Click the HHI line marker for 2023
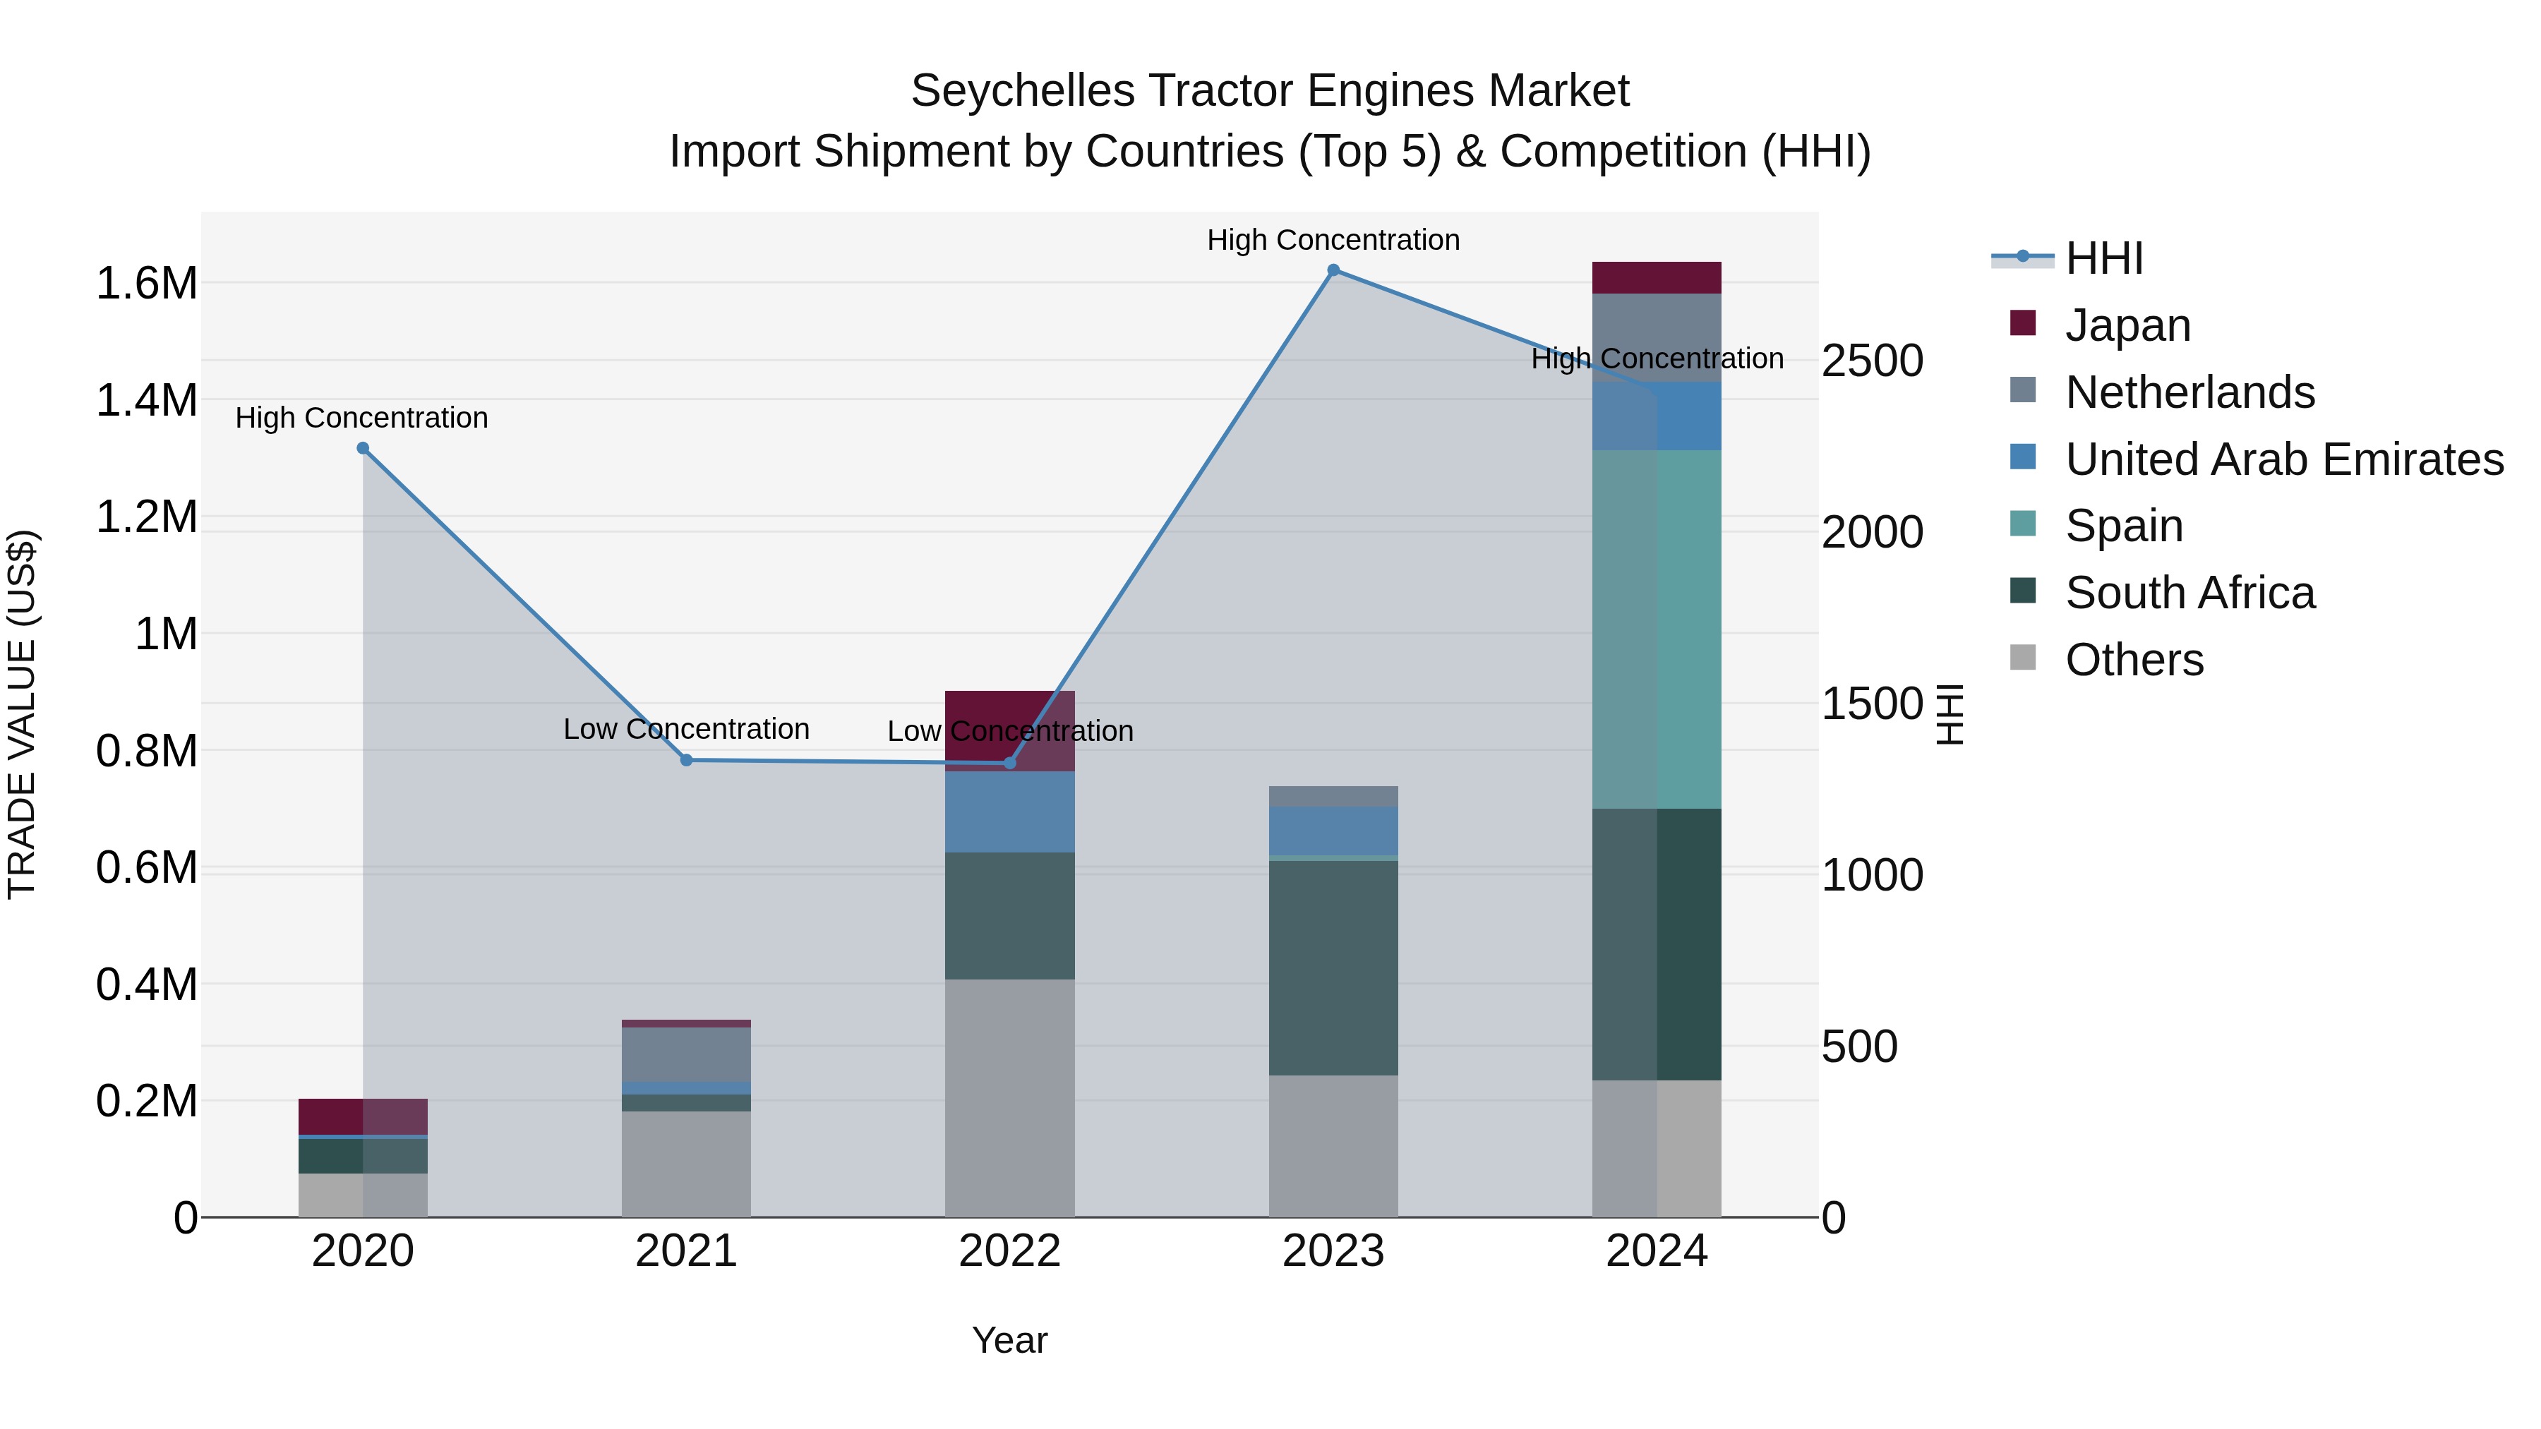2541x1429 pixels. coord(1333,270)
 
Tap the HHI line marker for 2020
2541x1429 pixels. coord(363,449)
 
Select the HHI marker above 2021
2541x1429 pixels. coord(687,760)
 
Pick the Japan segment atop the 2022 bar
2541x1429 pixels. coord(1009,730)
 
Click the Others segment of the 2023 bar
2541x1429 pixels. coord(1333,1146)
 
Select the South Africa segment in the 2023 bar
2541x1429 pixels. coord(1333,967)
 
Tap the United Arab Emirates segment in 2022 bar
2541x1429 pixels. coord(1009,812)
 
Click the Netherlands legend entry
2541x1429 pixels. coord(2189,392)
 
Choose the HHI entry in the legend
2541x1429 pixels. coord(2103,258)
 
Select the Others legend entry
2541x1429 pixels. coord(2134,660)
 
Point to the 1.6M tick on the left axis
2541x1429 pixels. coord(146,284)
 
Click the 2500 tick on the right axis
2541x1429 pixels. coord(1871,361)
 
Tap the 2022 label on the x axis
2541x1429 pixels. coord(1009,1251)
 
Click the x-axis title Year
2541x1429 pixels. coord(1009,1340)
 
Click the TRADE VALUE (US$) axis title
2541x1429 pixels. coord(22,714)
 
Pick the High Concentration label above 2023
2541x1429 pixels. coord(1333,241)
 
